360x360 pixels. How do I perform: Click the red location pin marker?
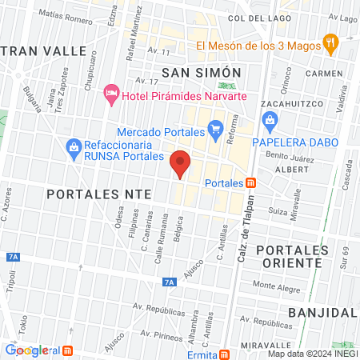181,163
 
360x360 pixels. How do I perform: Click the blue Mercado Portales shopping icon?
214,127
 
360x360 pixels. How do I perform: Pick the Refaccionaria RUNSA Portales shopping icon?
74,146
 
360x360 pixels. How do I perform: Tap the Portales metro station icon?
251,183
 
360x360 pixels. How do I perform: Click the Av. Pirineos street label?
151,328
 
